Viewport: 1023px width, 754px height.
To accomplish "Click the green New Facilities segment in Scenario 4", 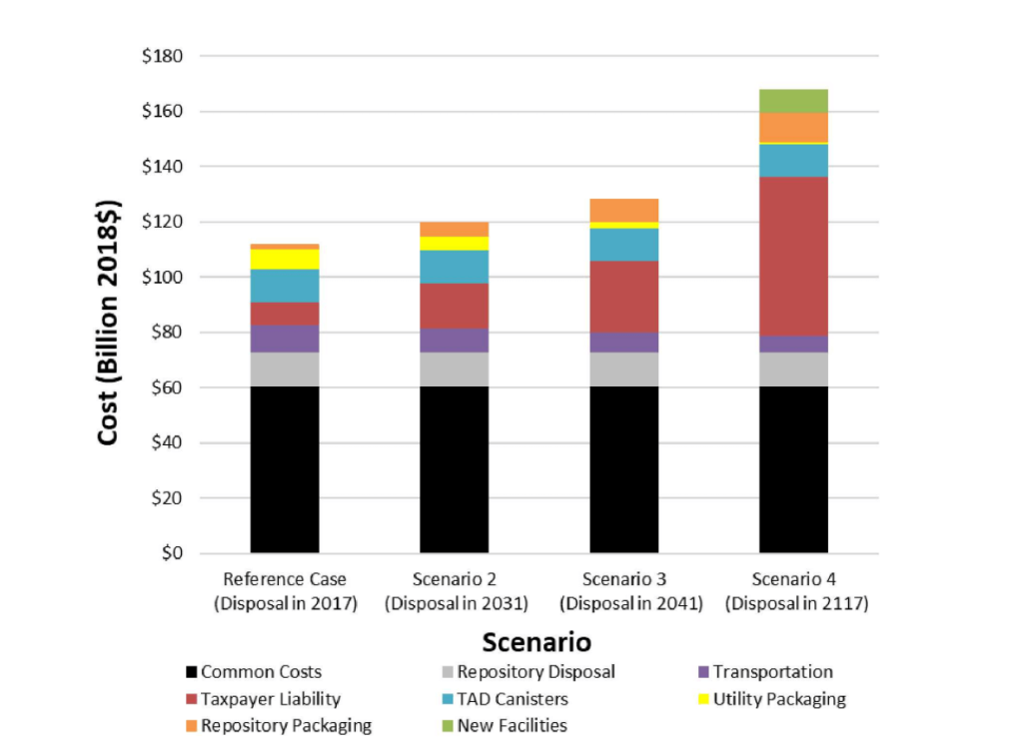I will coord(793,100).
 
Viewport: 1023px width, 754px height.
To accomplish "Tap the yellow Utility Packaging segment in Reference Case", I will coord(285,259).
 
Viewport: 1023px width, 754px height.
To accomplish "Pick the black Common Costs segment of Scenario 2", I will coord(455,469).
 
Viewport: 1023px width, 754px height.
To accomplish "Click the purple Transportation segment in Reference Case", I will coord(285,339).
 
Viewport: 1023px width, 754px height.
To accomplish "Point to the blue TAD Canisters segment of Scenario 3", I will coord(624,245).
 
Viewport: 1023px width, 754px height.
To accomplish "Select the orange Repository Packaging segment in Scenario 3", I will coord(624,210).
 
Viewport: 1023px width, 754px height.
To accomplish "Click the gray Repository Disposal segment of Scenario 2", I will coord(455,370).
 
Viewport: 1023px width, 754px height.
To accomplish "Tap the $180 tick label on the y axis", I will coord(162,56).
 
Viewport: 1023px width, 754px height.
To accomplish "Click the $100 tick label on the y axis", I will coord(162,277).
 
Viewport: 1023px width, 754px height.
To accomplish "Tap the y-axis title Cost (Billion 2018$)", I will coord(109,324).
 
